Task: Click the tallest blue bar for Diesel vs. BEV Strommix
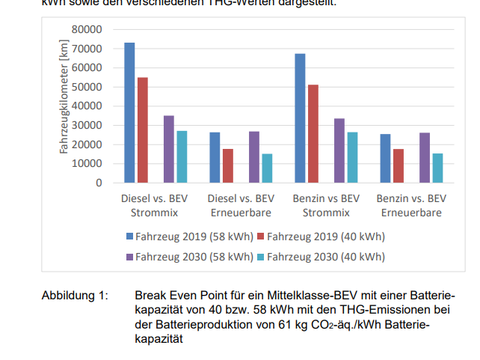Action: pos(129,112)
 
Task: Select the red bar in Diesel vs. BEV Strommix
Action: pos(142,129)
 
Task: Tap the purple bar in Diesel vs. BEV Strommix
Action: pos(169,149)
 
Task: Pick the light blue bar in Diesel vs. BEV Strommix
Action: pos(182,156)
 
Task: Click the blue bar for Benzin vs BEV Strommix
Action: pos(300,118)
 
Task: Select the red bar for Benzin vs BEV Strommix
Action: pos(313,133)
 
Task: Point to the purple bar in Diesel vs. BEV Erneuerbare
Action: pos(254,157)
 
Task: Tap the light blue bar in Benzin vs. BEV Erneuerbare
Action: pos(437,168)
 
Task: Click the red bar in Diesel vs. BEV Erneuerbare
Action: pos(227,165)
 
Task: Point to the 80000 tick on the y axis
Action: pos(87,29)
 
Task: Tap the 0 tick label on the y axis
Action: pos(98,183)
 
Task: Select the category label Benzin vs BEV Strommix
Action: pos(325,206)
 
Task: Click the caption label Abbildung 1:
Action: pos(75,296)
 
